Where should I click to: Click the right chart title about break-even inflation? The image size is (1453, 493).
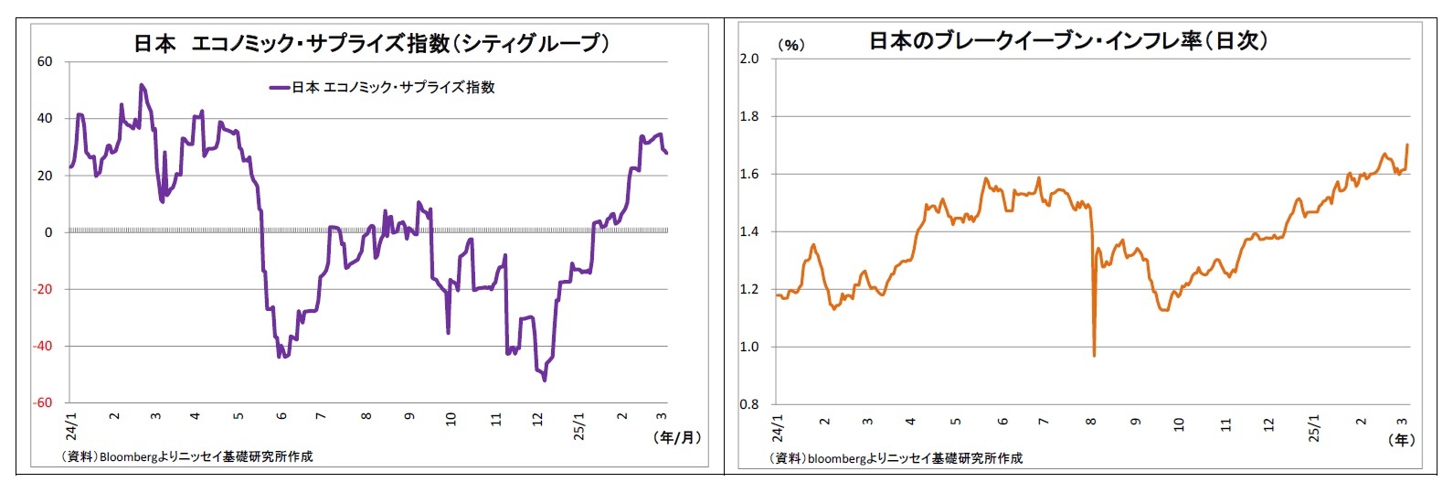[1067, 41]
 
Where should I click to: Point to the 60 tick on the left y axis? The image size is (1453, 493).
[45, 61]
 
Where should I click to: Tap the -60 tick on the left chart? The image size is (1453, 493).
[42, 402]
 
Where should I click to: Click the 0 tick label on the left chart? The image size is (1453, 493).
[48, 232]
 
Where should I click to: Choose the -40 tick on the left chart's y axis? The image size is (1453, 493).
[42, 346]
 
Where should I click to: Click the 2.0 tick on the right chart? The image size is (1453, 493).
[749, 59]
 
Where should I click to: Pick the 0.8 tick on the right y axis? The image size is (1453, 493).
[749, 404]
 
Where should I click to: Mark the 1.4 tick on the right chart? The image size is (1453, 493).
[749, 231]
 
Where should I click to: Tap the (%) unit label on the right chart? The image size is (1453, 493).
[790, 45]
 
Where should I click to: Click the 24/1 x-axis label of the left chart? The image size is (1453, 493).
[72, 425]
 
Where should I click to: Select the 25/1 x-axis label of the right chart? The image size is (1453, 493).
[1314, 427]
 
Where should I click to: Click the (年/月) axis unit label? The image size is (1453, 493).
[677, 437]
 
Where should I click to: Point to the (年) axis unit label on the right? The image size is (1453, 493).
[1401, 440]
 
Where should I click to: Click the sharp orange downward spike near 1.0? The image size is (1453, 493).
[1094, 354]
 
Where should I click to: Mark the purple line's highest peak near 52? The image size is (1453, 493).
[141, 85]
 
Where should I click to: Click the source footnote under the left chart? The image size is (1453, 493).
[186, 456]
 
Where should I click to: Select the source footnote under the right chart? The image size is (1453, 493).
[896, 457]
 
